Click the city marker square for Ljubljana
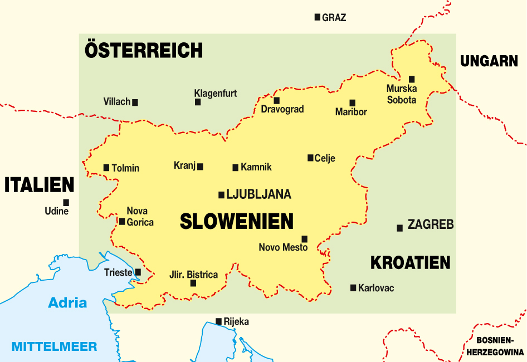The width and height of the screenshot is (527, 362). pyautogui.click(x=221, y=195)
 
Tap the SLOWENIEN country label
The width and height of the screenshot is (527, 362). pyautogui.click(x=237, y=222)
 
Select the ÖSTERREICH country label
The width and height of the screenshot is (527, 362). pyautogui.click(x=144, y=50)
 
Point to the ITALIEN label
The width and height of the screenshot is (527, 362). pyautogui.click(x=39, y=185)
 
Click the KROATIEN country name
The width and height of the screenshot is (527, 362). pyautogui.click(x=410, y=262)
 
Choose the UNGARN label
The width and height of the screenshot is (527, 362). pyautogui.click(x=489, y=61)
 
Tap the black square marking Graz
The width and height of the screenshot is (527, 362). pyautogui.click(x=318, y=17)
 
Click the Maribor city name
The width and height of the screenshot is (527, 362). pyautogui.click(x=351, y=112)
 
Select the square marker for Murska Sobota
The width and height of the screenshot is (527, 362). pyautogui.click(x=412, y=79)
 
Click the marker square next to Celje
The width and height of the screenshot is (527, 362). pyautogui.click(x=310, y=158)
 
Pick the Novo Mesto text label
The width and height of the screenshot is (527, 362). pyautogui.click(x=283, y=247)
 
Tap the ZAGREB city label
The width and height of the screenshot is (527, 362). pyautogui.click(x=431, y=225)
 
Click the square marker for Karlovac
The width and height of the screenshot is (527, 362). pyautogui.click(x=353, y=288)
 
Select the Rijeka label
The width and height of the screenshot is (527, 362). pyautogui.click(x=236, y=322)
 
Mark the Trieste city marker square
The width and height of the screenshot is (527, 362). pyautogui.click(x=138, y=272)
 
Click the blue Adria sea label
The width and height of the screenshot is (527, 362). pyautogui.click(x=67, y=303)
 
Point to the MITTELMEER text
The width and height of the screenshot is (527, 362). pyautogui.click(x=54, y=346)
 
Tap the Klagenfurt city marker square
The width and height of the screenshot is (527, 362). pyautogui.click(x=198, y=102)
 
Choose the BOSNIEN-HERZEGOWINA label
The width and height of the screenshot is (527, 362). pyautogui.click(x=495, y=346)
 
